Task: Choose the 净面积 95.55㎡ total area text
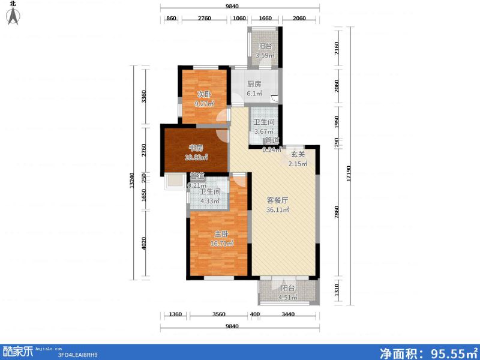click(x=429, y=352)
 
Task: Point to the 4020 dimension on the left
click(x=143, y=245)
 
